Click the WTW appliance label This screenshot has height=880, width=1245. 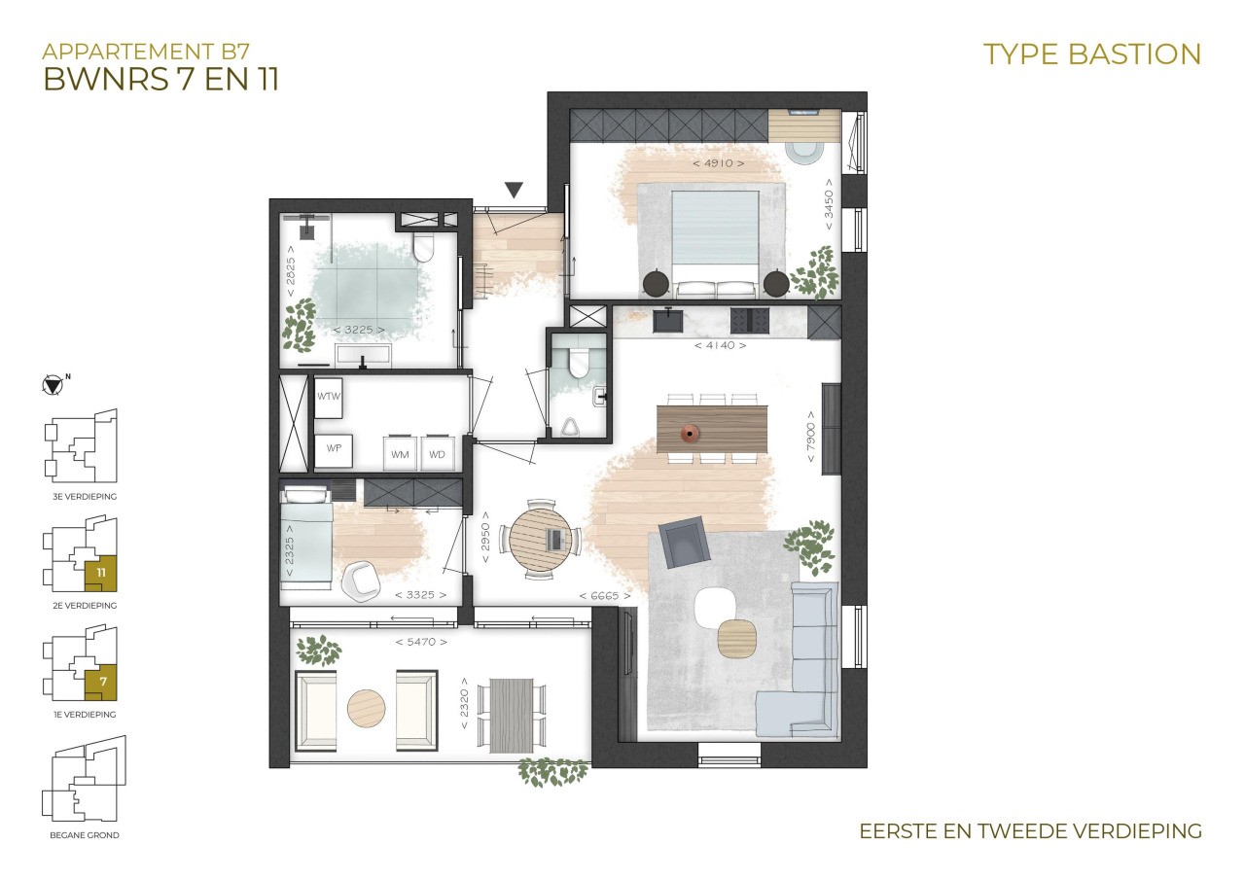coord(328,396)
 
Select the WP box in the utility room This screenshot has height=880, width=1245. coord(334,450)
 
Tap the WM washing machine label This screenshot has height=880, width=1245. coord(400,454)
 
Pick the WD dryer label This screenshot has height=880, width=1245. coord(437,454)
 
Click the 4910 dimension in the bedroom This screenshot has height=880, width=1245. coord(718,163)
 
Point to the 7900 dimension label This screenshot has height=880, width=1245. coord(811,437)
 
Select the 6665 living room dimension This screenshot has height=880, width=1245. coord(605,596)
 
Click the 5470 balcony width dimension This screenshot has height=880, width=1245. coord(421,642)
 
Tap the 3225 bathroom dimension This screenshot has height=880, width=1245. coord(359,330)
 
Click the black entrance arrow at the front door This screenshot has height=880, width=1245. coord(514,190)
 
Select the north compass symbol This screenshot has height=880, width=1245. coord(53,385)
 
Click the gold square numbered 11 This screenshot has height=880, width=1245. coord(100,573)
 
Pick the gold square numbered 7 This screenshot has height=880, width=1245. coord(100,682)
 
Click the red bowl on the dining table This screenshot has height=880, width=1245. coord(690,434)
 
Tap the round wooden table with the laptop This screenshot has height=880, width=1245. coord(540,540)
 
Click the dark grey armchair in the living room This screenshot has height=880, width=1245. coord(684,542)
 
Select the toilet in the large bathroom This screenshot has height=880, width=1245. coord(423,247)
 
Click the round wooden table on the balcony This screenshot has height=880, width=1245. coord(367,708)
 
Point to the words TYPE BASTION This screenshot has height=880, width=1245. coord(1092,54)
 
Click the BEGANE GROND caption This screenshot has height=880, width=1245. coord(85,835)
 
